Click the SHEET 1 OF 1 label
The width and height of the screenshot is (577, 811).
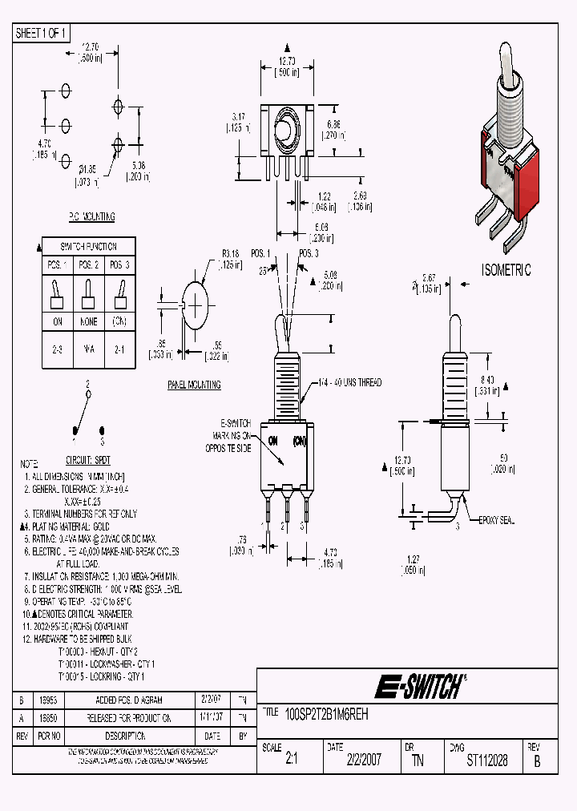click(42, 33)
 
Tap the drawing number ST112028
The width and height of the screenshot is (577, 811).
click(486, 761)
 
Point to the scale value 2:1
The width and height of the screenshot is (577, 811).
click(291, 761)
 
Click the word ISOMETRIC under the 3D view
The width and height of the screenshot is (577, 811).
click(506, 270)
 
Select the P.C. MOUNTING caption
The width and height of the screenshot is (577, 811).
click(91, 217)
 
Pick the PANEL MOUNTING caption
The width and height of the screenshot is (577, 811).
click(194, 385)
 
